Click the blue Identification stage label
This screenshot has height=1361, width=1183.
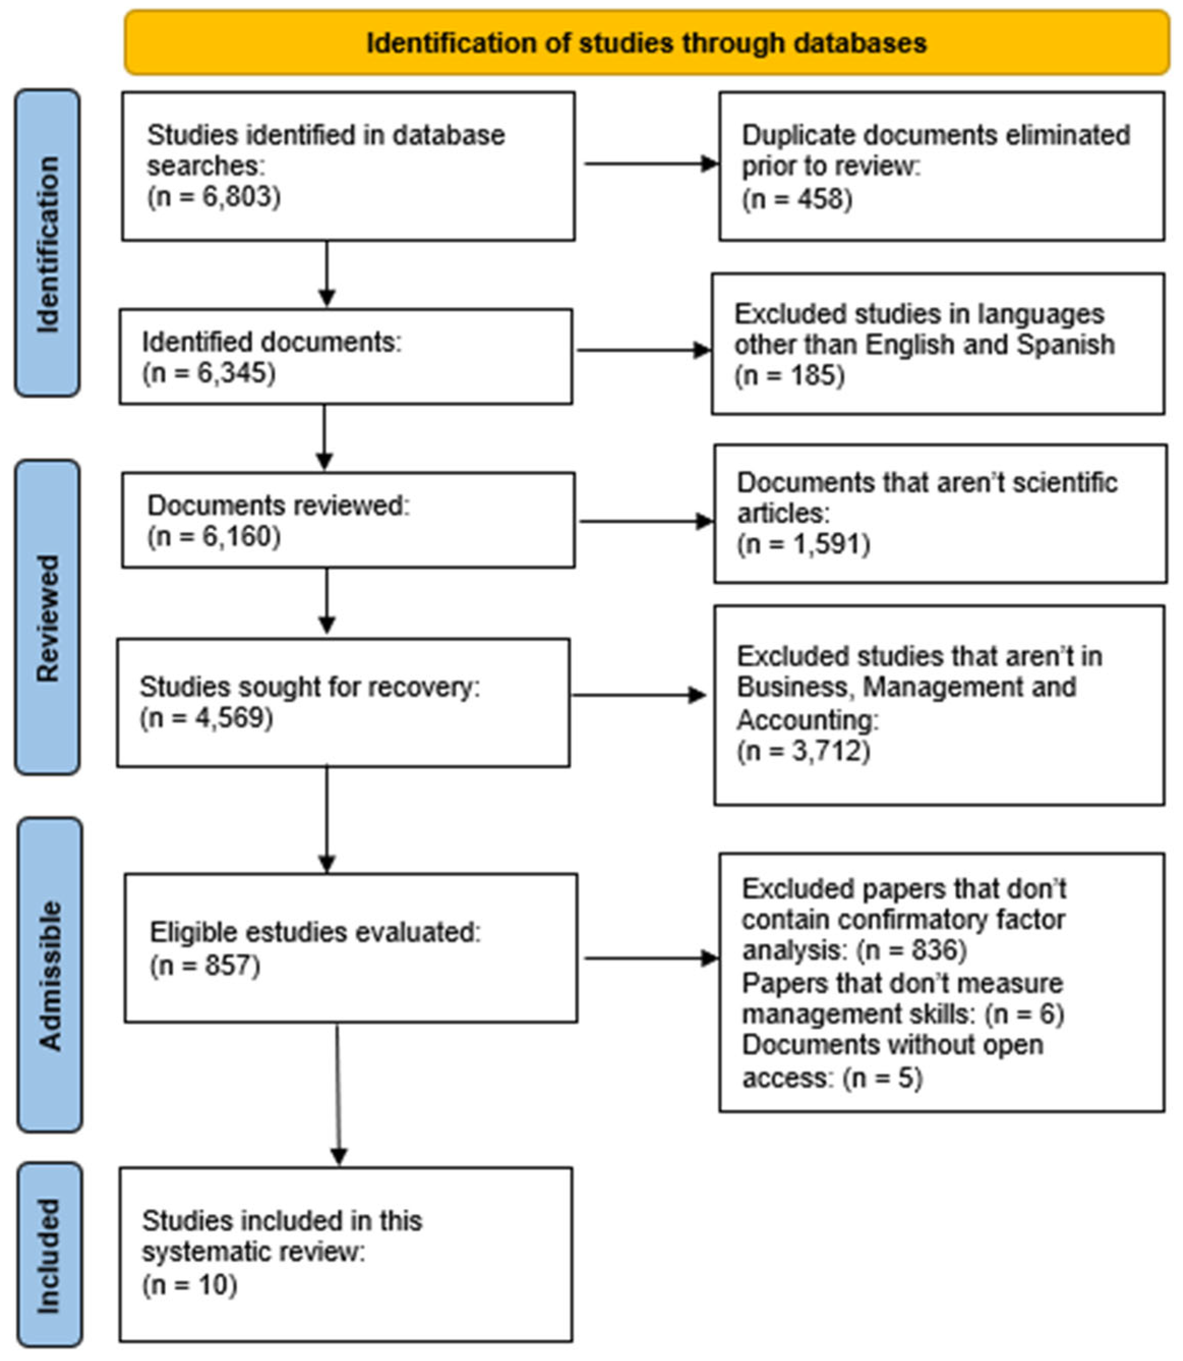pyautogui.click(x=47, y=244)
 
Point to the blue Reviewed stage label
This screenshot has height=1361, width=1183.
pyautogui.click(x=47, y=617)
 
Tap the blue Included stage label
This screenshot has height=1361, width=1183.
pyautogui.click(x=49, y=1255)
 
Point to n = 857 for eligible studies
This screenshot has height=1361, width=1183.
pyautogui.click(x=205, y=965)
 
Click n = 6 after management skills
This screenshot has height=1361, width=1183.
pyautogui.click(x=1024, y=1014)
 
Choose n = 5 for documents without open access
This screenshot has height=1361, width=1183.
pyautogui.click(x=883, y=1078)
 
